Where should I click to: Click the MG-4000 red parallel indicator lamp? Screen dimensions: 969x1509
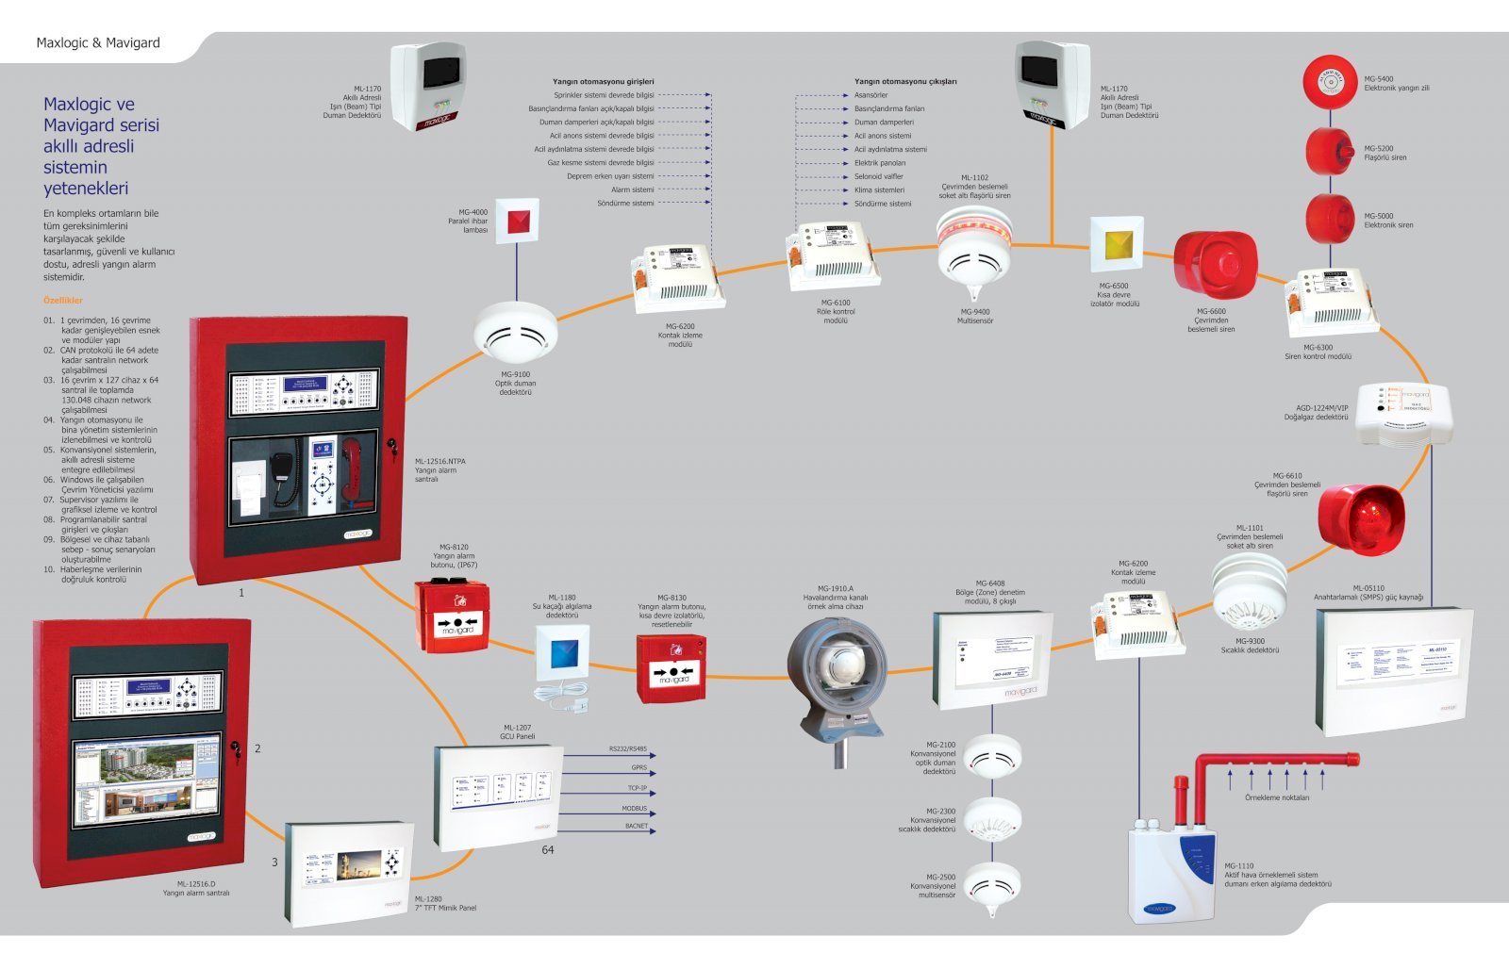[x=517, y=222]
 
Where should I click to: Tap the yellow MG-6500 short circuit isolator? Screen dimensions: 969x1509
[x=1117, y=243]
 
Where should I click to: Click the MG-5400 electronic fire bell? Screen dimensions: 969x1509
[x=1329, y=83]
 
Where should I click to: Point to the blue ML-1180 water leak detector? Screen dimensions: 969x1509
[x=562, y=653]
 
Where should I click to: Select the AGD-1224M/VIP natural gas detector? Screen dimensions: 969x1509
[x=1406, y=413]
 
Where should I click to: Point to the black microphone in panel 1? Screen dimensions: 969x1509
[x=282, y=476]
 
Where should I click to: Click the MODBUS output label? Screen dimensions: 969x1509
[x=634, y=809]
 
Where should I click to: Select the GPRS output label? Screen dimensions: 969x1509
[x=638, y=767]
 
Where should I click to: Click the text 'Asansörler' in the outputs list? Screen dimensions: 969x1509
[x=871, y=95]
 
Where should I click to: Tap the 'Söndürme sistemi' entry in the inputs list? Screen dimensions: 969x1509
[x=625, y=204]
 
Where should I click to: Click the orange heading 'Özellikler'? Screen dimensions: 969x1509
[x=63, y=301]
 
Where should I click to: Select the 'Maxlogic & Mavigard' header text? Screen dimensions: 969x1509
[x=98, y=42]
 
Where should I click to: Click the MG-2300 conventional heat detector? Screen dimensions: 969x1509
[x=992, y=818]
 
